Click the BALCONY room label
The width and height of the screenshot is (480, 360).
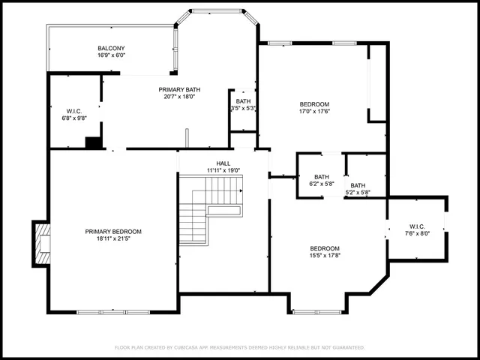tap(111, 48)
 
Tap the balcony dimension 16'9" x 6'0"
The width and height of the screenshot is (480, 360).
tap(111, 55)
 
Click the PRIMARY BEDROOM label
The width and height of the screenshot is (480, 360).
tap(113, 232)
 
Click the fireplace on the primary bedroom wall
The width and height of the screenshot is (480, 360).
tap(42, 244)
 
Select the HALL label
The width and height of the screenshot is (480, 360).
tap(223, 163)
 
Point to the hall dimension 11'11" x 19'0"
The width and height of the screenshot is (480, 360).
tap(223, 170)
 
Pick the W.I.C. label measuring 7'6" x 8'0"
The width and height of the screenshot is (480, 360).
tap(418, 226)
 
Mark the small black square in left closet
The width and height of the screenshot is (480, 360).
tap(94, 142)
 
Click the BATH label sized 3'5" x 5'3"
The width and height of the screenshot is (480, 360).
tap(244, 101)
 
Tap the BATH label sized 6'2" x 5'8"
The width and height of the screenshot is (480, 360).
tap(321, 177)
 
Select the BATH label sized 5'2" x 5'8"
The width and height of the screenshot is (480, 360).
tap(358, 186)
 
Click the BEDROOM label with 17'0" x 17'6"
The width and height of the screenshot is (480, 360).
tap(314, 104)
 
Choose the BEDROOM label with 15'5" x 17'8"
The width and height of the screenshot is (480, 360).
tap(325, 249)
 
